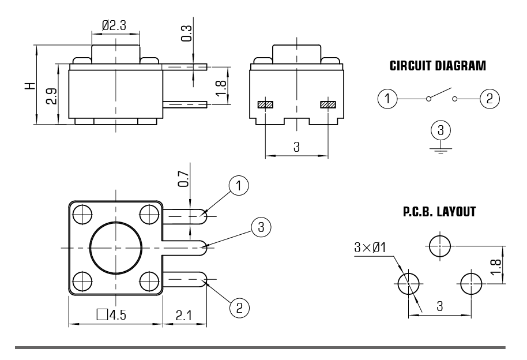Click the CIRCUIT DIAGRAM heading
point(438,66)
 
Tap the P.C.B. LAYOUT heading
point(439,212)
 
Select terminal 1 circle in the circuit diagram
point(388,99)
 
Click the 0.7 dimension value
point(183,182)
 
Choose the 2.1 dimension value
point(183,315)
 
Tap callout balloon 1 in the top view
point(239,186)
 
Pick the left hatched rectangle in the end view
point(265,105)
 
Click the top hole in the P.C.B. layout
point(441,246)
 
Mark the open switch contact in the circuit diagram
point(441,93)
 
